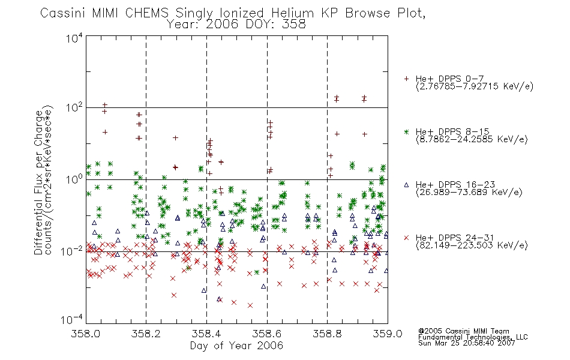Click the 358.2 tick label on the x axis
146,334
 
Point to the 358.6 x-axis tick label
267,334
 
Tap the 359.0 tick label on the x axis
388,334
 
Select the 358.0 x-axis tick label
86,334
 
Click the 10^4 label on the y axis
74,38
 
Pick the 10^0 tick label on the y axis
74,179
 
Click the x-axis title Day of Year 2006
236,346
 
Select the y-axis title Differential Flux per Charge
38,182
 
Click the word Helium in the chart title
292,13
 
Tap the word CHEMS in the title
147,13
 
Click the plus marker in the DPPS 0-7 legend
406,79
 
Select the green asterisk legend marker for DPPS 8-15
406,131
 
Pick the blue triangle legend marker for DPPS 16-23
406,185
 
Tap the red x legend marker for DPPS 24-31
406,238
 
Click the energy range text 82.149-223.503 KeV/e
472,245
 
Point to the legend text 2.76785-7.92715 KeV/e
475,86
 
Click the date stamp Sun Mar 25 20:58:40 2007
466,343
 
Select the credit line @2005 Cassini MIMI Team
463,331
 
